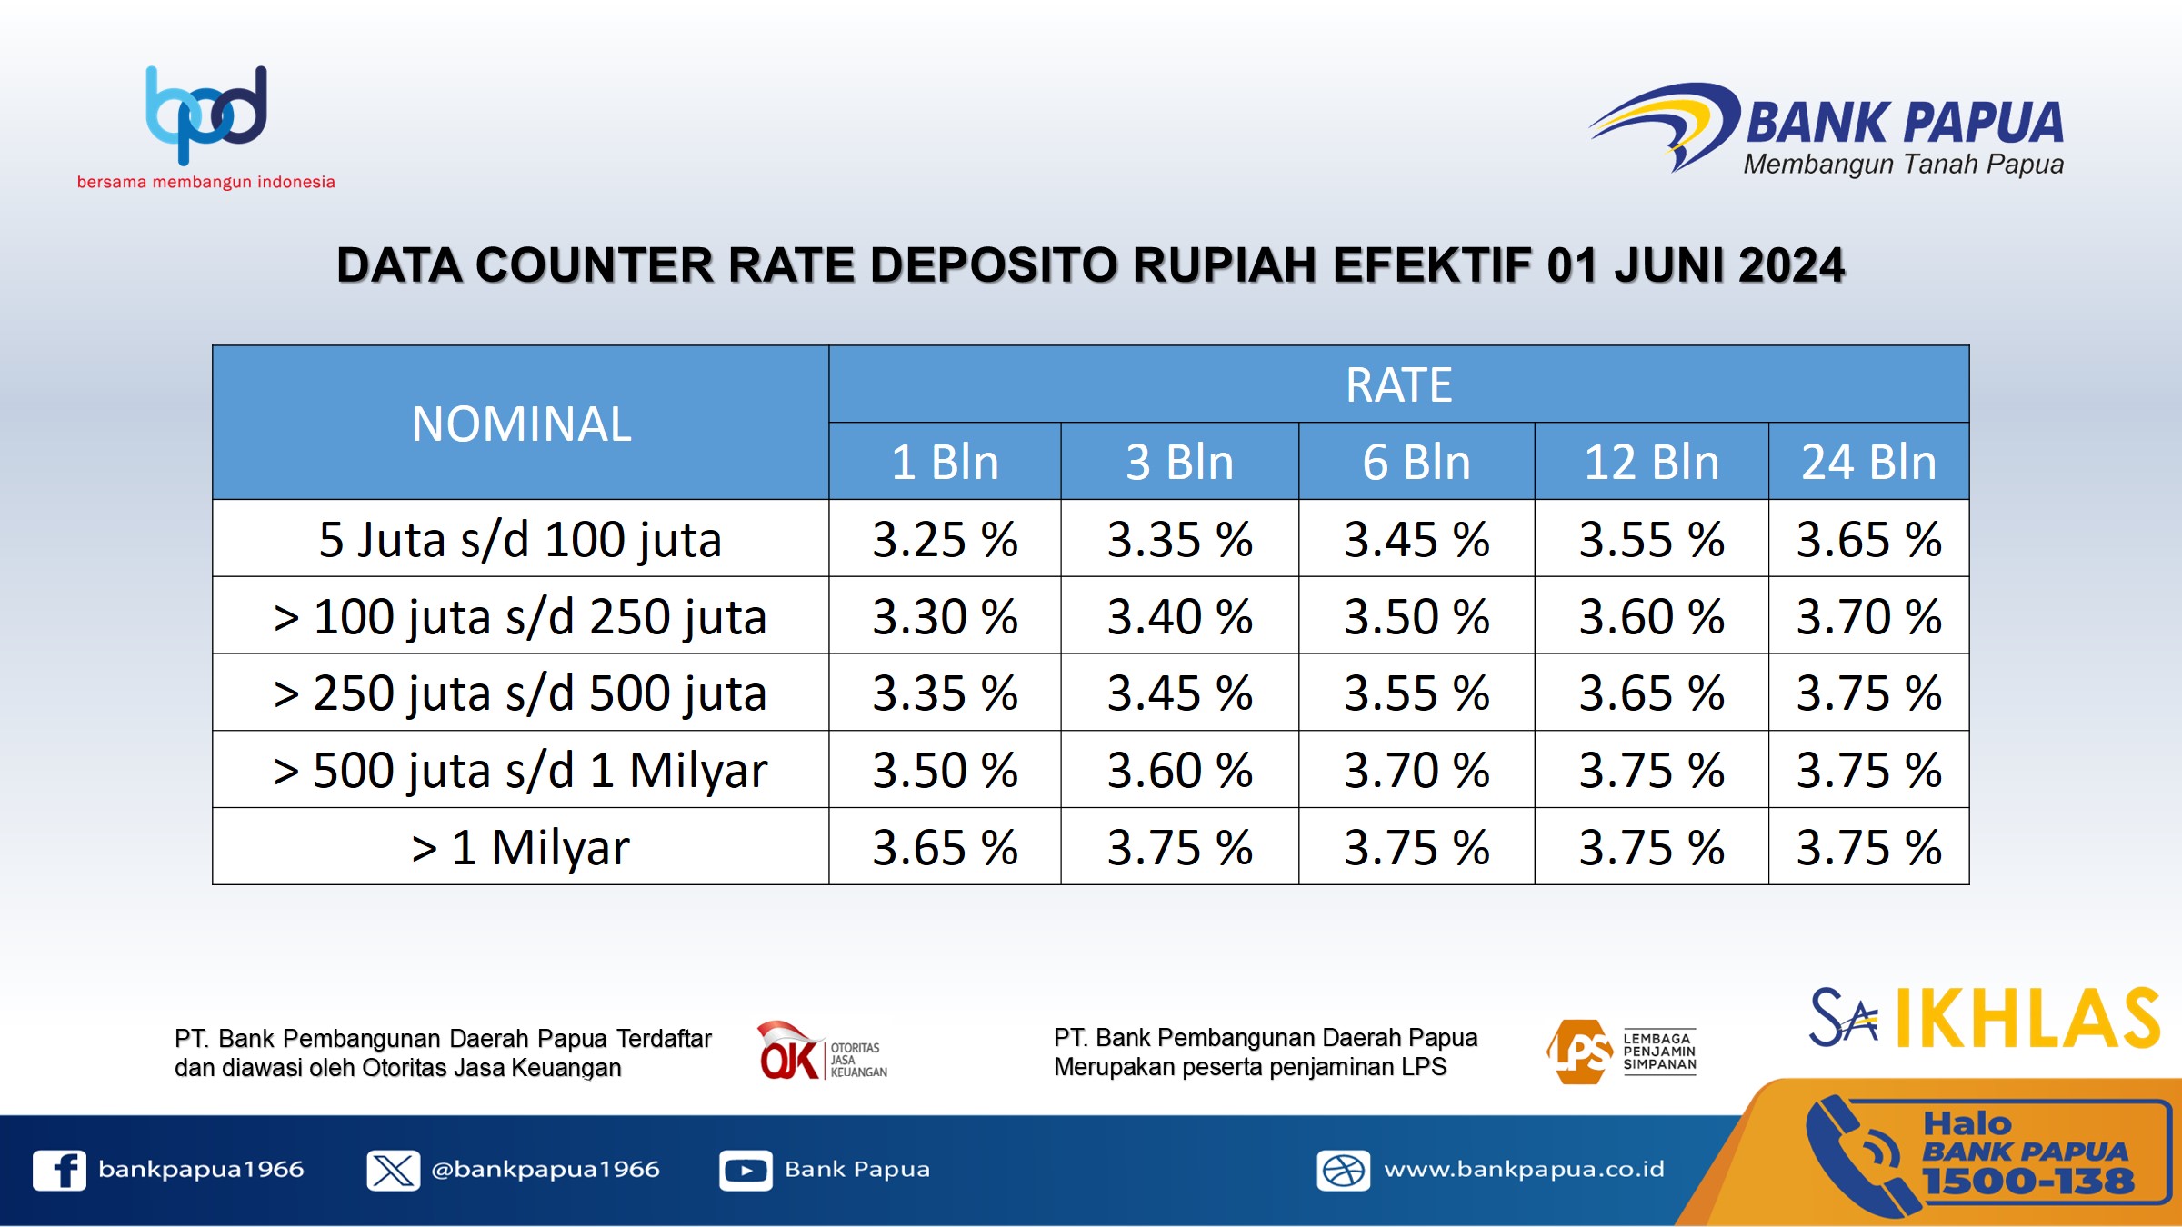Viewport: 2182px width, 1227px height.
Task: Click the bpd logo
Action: tap(207, 115)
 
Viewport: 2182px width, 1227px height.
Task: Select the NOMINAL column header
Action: tap(521, 424)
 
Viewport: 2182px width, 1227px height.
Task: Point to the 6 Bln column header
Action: tap(1416, 462)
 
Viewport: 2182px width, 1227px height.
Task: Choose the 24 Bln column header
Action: tap(1869, 462)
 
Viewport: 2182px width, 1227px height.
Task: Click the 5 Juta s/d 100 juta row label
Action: tap(520, 539)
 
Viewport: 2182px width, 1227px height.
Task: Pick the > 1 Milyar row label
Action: tap(520, 847)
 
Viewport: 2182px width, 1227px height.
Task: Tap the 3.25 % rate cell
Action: tap(945, 539)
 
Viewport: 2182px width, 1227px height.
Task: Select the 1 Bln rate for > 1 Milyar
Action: tap(945, 847)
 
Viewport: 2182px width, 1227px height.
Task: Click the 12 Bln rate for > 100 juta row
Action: tap(1652, 616)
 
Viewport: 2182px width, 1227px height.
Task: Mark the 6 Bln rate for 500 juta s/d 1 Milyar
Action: tap(1416, 770)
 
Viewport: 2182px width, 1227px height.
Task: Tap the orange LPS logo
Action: tap(1621, 1052)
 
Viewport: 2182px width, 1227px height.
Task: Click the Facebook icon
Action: tap(59, 1170)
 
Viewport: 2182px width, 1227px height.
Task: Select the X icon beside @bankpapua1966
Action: tap(393, 1170)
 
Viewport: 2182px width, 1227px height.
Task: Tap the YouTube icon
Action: tap(746, 1170)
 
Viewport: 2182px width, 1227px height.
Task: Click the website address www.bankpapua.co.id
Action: tap(1524, 1169)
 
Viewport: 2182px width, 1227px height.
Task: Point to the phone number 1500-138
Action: tap(2027, 1182)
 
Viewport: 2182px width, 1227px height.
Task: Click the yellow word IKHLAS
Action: tap(2027, 1018)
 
